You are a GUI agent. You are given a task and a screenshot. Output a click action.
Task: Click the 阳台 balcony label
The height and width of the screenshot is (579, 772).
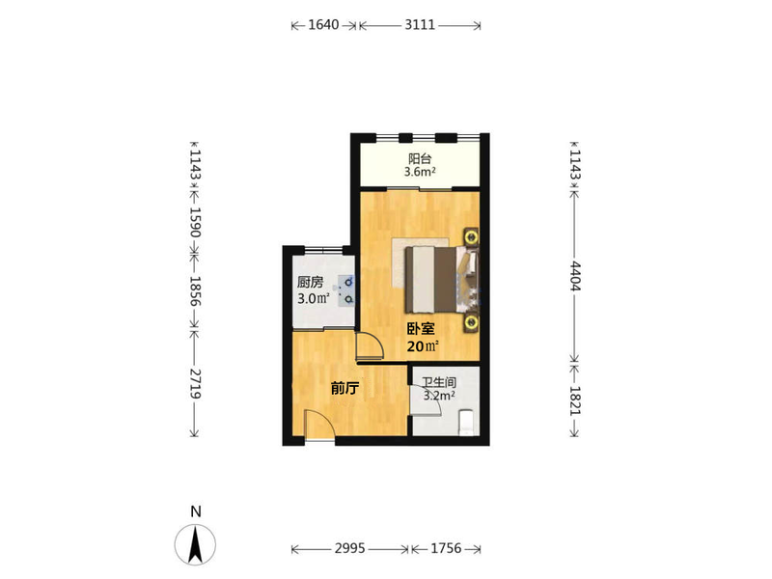click(420, 159)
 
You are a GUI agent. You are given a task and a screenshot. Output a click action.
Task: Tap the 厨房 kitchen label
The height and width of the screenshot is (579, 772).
click(310, 283)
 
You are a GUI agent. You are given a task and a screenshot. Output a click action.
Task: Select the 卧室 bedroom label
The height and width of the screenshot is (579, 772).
click(421, 329)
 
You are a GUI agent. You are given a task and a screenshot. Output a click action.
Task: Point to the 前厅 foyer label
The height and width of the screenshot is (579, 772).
click(345, 389)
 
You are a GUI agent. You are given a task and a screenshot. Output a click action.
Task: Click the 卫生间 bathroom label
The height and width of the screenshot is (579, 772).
click(439, 382)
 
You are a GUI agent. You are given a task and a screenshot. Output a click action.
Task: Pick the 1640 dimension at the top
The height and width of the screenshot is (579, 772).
click(323, 25)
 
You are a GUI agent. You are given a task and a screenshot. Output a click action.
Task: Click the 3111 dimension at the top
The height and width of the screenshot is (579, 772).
click(420, 25)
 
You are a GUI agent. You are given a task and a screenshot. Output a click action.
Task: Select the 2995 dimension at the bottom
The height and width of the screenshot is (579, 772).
click(350, 548)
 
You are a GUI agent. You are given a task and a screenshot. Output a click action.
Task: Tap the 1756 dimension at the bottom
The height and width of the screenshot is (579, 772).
click(446, 548)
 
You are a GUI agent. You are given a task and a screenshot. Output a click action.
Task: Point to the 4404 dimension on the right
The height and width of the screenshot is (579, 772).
click(575, 277)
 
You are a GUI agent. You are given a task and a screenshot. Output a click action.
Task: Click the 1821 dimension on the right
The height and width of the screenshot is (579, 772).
click(575, 401)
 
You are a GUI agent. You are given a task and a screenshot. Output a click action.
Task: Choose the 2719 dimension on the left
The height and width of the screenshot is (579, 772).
click(196, 383)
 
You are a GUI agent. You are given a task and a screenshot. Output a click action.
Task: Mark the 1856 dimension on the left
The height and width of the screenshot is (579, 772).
click(196, 291)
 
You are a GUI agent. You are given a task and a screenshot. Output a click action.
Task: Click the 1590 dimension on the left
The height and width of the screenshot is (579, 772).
click(196, 222)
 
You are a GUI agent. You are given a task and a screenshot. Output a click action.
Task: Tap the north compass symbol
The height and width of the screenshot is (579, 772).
click(196, 543)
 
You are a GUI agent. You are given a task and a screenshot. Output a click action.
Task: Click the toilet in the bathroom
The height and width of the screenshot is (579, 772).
click(466, 423)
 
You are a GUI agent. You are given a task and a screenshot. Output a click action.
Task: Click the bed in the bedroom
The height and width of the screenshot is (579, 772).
click(442, 279)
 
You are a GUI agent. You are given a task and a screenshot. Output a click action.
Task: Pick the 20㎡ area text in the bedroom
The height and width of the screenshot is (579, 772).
click(423, 346)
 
